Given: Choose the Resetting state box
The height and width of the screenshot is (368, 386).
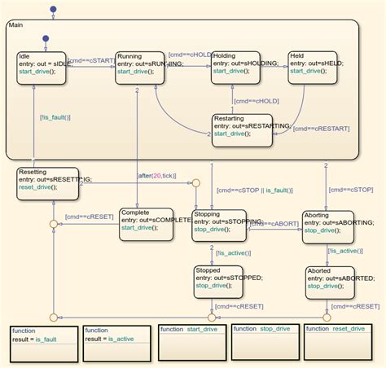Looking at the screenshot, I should click(x=48, y=184).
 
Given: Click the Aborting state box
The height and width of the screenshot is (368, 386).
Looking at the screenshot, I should click(x=328, y=226).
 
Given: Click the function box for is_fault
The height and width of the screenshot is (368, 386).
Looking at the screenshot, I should click(x=42, y=342).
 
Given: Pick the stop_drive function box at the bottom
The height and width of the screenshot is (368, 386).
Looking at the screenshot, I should click(x=262, y=342).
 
